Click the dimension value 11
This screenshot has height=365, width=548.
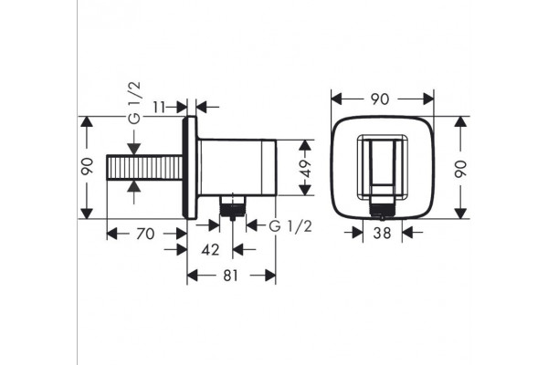click(159, 107)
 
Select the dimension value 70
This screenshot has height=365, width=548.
click(145, 234)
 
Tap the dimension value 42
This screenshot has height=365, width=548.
click(210, 250)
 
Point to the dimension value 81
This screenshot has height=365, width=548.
click(230, 276)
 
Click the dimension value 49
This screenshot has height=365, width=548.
click(306, 168)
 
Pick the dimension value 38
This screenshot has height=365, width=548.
click(382, 233)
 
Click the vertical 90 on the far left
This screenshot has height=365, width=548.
click(87, 166)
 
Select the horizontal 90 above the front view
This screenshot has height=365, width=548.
click(380, 99)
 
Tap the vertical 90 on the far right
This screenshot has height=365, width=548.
click(461, 169)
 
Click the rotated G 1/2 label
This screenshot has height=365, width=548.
click(134, 103)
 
